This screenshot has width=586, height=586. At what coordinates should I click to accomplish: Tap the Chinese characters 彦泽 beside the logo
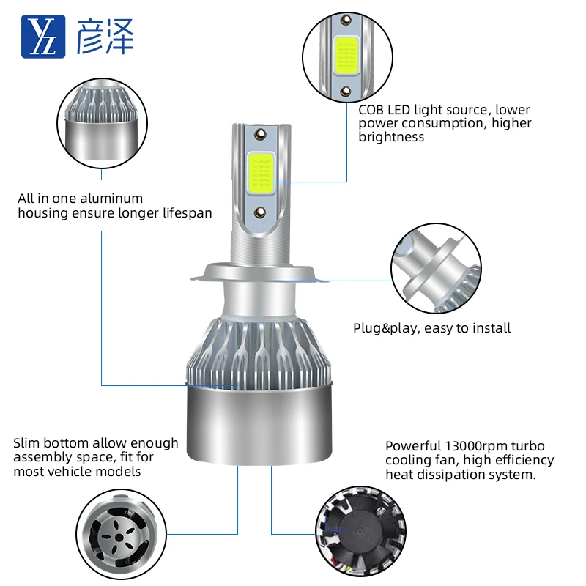click(105, 36)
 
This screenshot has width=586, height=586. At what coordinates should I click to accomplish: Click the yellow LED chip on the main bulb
click(261, 173)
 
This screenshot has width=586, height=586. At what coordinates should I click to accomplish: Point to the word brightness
click(391, 137)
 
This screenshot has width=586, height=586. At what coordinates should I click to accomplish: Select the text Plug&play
click(385, 328)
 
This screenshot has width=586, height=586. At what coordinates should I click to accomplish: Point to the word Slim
click(27, 443)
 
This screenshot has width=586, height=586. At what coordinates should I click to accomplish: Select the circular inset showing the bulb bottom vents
click(119, 532)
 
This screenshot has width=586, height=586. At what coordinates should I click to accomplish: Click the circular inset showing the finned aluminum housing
click(100, 125)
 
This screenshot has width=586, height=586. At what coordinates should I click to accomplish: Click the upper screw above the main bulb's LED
click(261, 135)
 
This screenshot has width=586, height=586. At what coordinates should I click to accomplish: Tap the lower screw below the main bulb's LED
click(261, 212)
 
